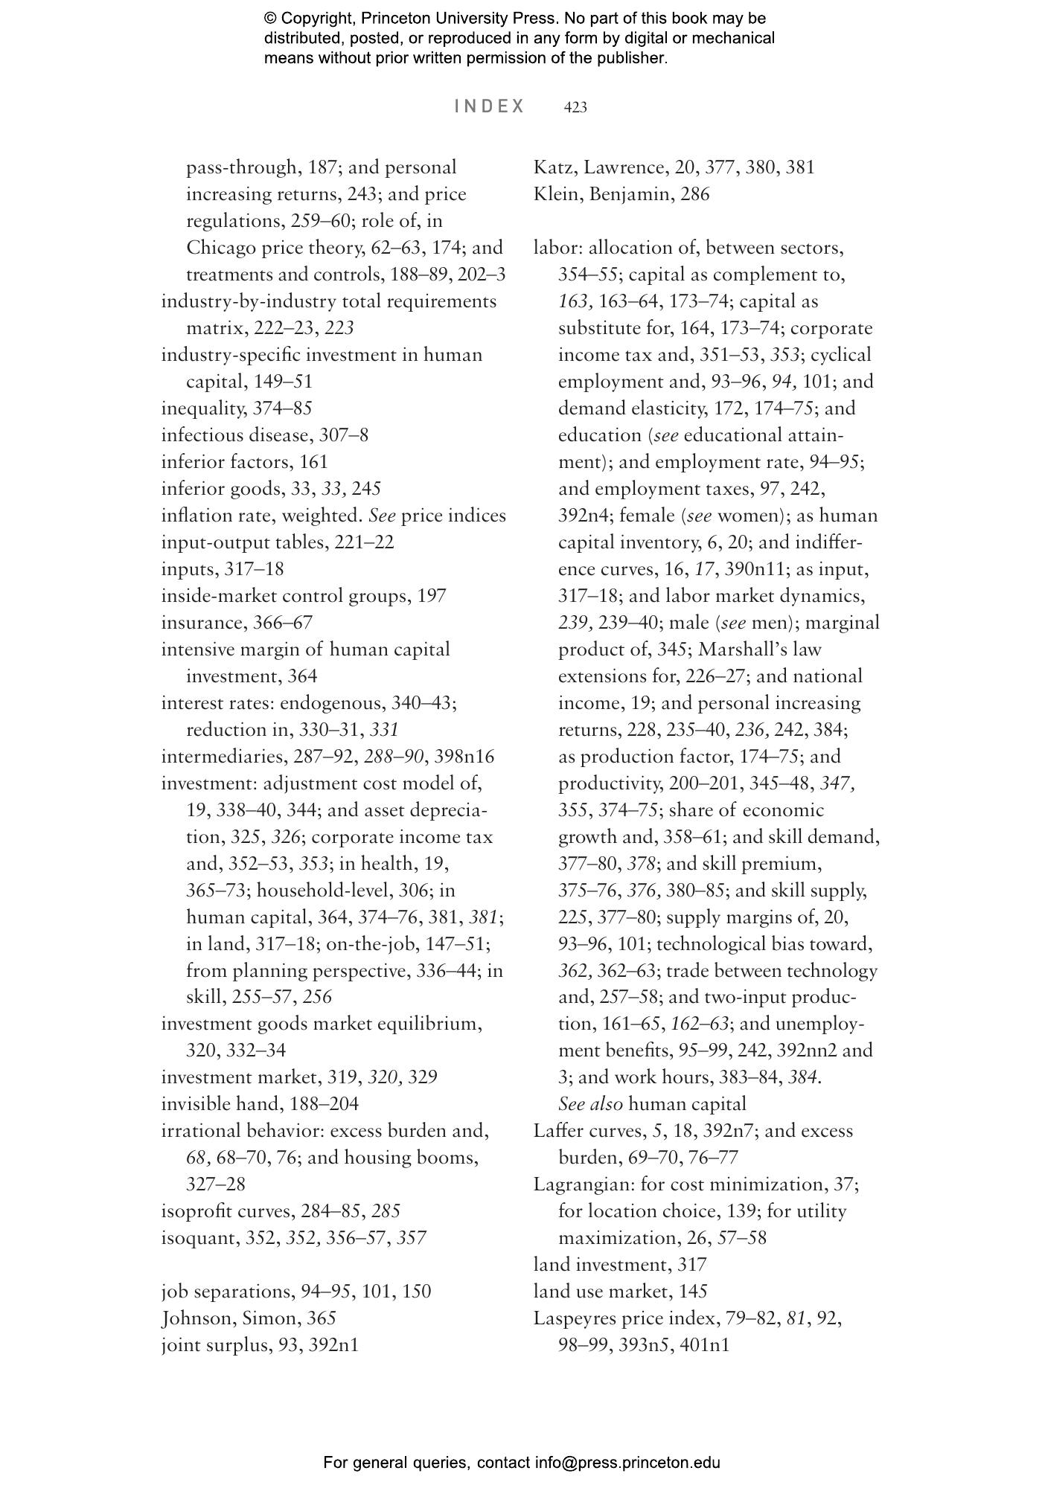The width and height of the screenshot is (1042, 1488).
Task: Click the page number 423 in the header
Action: [575, 108]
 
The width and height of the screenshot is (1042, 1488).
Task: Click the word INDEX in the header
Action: [490, 106]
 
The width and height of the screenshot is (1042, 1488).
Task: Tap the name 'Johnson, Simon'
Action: [228, 1318]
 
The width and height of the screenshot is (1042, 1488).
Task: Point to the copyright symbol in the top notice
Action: [270, 19]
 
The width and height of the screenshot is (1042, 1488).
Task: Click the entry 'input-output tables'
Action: [243, 542]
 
